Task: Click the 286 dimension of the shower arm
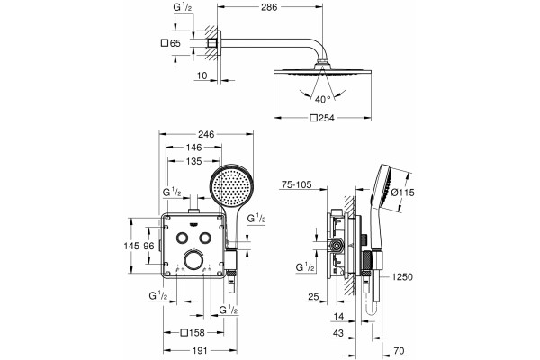269,7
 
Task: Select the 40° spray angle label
323,100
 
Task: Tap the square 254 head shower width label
322,118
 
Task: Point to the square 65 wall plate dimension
171,43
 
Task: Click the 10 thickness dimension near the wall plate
202,76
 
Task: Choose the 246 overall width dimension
206,134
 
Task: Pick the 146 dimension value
193,148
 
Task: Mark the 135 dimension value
193,161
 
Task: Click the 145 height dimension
131,246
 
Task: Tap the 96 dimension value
148,246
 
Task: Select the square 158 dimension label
193,332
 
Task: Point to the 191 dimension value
200,350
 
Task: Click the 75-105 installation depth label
296,185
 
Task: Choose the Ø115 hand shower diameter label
402,193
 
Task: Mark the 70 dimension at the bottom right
399,351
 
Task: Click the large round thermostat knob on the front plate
193,260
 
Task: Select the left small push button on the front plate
182,238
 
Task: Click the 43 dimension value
338,333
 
